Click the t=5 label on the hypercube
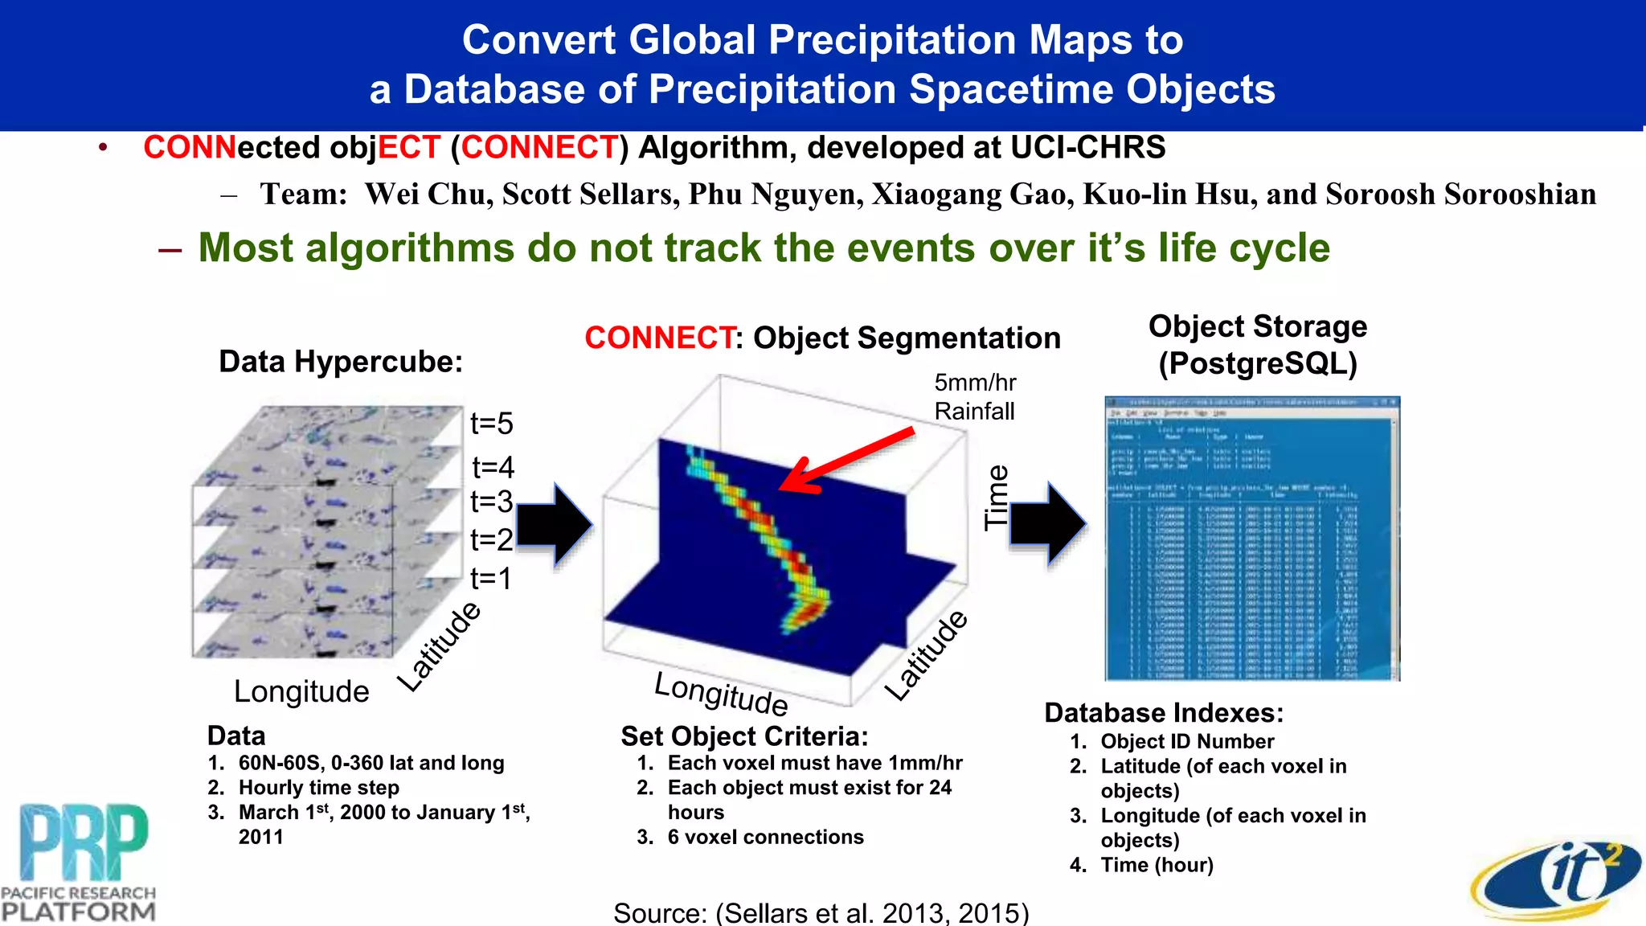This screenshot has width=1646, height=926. coord(491,424)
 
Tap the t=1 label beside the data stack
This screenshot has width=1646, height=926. coord(490,578)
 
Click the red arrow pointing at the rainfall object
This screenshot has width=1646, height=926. coord(844,461)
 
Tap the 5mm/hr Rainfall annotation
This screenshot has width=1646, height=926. coord(974,397)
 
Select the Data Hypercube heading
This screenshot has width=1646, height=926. coord(341,362)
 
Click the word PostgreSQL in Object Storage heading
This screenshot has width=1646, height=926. coord(1258,363)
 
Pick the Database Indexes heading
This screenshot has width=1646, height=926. coord(1163,713)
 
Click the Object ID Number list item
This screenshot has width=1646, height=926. coord(1186,741)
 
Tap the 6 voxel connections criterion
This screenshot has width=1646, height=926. coord(765,837)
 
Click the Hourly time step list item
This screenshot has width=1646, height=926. coord(318,787)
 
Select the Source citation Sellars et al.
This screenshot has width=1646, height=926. coord(821,913)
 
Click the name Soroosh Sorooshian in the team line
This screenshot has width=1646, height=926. coord(1460,195)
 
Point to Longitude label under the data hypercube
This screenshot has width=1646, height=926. coord(301,691)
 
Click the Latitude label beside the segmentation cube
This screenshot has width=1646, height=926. coord(926,655)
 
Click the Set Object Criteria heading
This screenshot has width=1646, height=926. coord(744,736)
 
